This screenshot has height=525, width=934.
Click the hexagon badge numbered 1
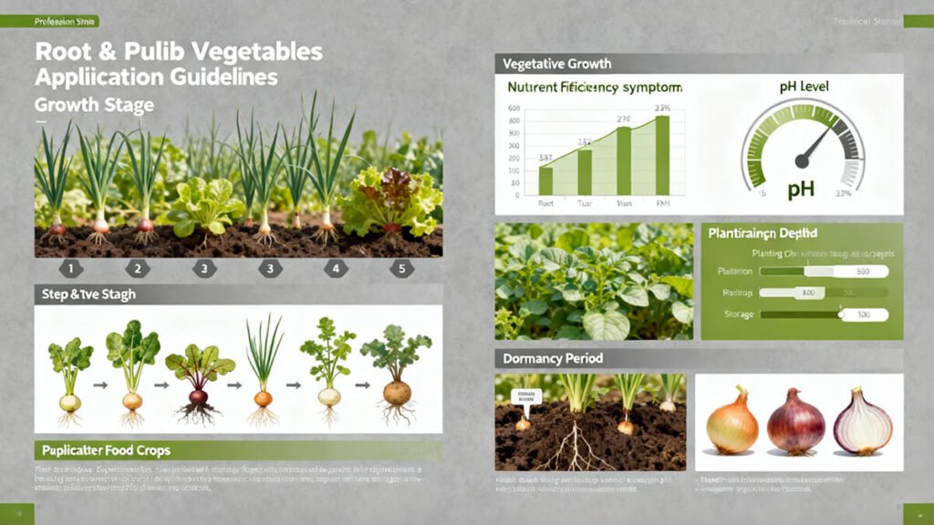(x=72, y=269)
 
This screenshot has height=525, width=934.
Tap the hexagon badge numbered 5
(x=402, y=269)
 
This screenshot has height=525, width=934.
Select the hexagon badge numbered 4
(x=336, y=269)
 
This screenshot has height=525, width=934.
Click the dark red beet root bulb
(x=199, y=397)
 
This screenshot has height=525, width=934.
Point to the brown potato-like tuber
(x=397, y=394)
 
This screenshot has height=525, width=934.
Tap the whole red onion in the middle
(x=795, y=424)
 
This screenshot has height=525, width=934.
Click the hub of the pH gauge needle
(x=803, y=160)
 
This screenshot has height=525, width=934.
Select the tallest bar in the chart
(x=662, y=156)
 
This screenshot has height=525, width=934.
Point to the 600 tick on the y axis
(x=514, y=109)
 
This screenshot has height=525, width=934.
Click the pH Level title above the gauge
(x=804, y=87)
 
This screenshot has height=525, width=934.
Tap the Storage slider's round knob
(x=842, y=314)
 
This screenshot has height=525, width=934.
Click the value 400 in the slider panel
(x=807, y=293)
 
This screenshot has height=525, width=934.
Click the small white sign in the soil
(x=526, y=396)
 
